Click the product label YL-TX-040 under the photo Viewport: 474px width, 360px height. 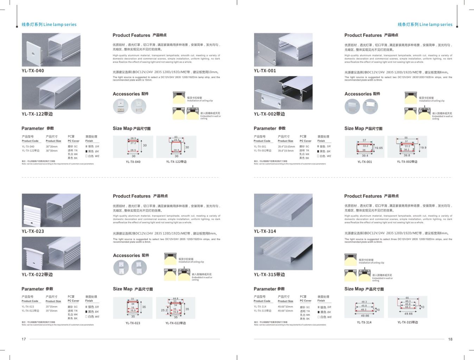click(x=33, y=71)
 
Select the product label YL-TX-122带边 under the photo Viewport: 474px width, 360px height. click(x=37, y=114)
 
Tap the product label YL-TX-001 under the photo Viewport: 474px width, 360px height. click(x=265, y=71)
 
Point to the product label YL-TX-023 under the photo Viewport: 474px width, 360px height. click(x=33, y=231)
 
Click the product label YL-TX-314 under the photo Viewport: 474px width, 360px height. click(x=265, y=231)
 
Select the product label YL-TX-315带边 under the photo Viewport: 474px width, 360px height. click(x=269, y=275)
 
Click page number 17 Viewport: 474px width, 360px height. click(x=24, y=339)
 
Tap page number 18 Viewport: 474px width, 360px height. click(x=450, y=339)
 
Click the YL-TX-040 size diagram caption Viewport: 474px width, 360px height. click(x=133, y=162)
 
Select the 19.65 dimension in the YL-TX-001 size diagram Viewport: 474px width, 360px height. click(x=379, y=148)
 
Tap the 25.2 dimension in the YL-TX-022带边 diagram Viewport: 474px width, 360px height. click(x=164, y=310)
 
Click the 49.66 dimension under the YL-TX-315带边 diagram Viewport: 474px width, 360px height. click(x=408, y=314)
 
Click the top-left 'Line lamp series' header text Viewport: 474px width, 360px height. click(x=49, y=25)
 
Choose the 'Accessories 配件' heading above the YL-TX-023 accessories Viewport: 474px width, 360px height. click(x=131, y=256)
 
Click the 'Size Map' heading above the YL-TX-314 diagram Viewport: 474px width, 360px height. click(x=364, y=289)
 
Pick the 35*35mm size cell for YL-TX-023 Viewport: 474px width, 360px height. click(x=51, y=307)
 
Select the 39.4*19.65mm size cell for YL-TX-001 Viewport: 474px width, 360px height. click(x=286, y=147)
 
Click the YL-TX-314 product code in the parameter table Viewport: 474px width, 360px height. click(x=260, y=307)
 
